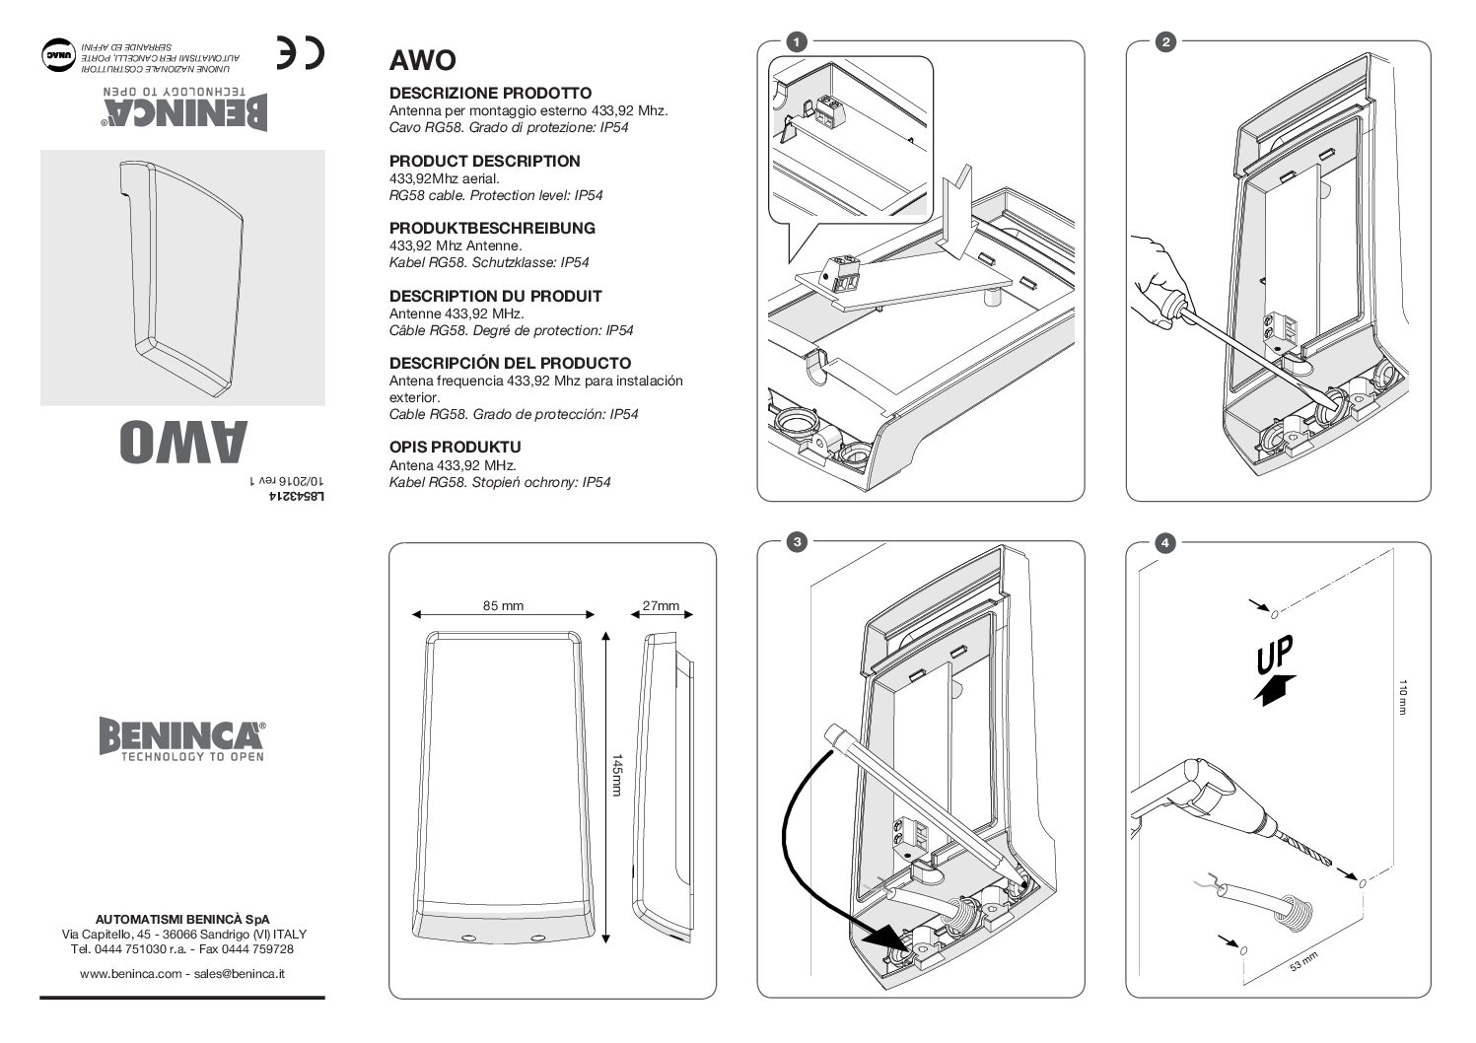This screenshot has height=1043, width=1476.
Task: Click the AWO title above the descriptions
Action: pyautogui.click(x=422, y=61)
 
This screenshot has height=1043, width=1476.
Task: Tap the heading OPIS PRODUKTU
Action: pyautogui.click(x=455, y=447)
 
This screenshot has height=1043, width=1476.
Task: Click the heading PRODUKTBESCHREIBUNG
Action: pyautogui.click(x=492, y=228)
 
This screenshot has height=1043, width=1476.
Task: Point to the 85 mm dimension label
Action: pyautogui.click(x=503, y=606)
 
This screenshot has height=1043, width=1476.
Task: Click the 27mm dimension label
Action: pyautogui.click(x=661, y=606)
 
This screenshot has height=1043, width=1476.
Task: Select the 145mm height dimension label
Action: pyautogui.click(x=617, y=776)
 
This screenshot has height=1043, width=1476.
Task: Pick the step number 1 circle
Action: pyautogui.click(x=796, y=41)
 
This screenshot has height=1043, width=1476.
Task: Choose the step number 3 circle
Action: pyautogui.click(x=796, y=542)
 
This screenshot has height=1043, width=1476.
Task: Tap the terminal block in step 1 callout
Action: pyautogui.click(x=822, y=107)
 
